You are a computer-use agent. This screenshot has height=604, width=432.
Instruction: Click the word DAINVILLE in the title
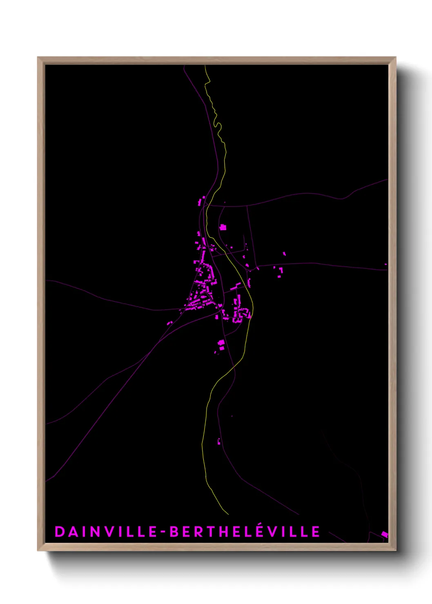(105, 531)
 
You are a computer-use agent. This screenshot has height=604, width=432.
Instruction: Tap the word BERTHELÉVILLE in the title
(245, 531)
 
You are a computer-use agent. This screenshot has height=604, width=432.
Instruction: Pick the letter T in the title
(215, 531)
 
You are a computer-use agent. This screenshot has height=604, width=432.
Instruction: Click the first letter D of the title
(59, 531)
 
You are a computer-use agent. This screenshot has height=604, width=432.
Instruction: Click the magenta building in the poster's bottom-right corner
(384, 534)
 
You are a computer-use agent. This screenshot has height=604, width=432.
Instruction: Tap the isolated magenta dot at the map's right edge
(385, 264)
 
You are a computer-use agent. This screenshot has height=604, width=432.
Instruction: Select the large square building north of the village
(223, 227)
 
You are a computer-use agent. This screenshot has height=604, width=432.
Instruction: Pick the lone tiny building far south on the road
(219, 441)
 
